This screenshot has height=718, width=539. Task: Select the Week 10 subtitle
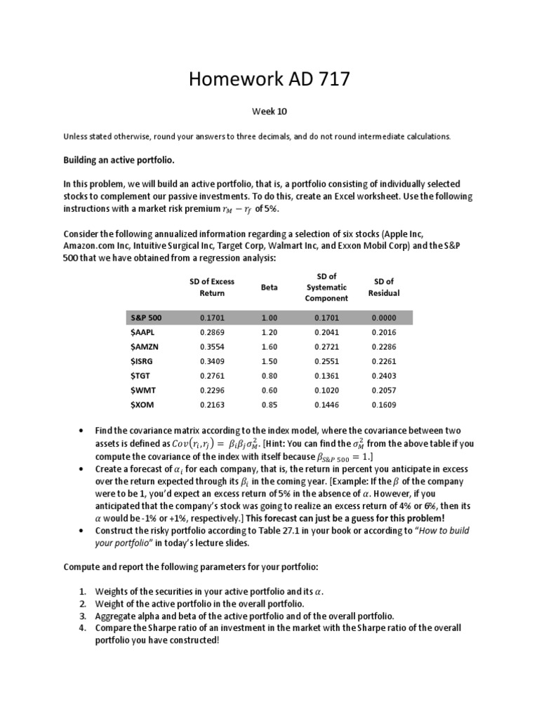269,111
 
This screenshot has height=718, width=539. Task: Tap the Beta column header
269,287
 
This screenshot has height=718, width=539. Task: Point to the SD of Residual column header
384,287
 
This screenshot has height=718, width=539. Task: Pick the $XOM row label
143,405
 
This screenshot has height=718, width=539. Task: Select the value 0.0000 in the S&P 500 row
384,318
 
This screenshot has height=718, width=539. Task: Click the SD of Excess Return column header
212,287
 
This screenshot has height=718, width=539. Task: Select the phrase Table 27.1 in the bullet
286,531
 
